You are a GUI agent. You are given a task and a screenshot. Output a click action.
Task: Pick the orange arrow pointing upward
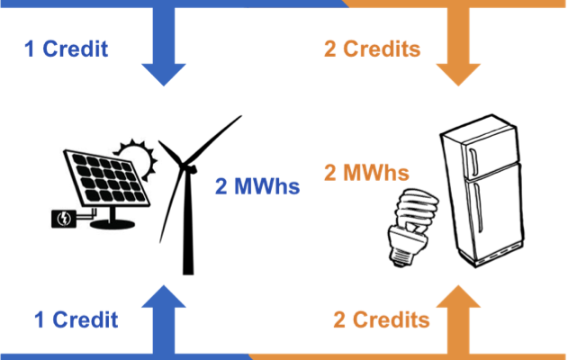point(457,319)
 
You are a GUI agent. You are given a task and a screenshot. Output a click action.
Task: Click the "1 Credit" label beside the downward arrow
point(66,49)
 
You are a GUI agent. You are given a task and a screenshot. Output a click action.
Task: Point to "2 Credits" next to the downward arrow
point(371,49)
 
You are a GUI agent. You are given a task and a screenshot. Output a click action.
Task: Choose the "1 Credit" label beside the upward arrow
point(76,319)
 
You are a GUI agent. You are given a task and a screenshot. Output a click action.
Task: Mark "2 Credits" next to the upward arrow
point(381,319)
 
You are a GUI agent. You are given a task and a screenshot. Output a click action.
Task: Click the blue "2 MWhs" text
point(257,187)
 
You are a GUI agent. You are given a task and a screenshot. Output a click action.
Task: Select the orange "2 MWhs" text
point(365,172)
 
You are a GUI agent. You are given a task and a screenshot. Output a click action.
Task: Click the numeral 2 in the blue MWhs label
point(221,187)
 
